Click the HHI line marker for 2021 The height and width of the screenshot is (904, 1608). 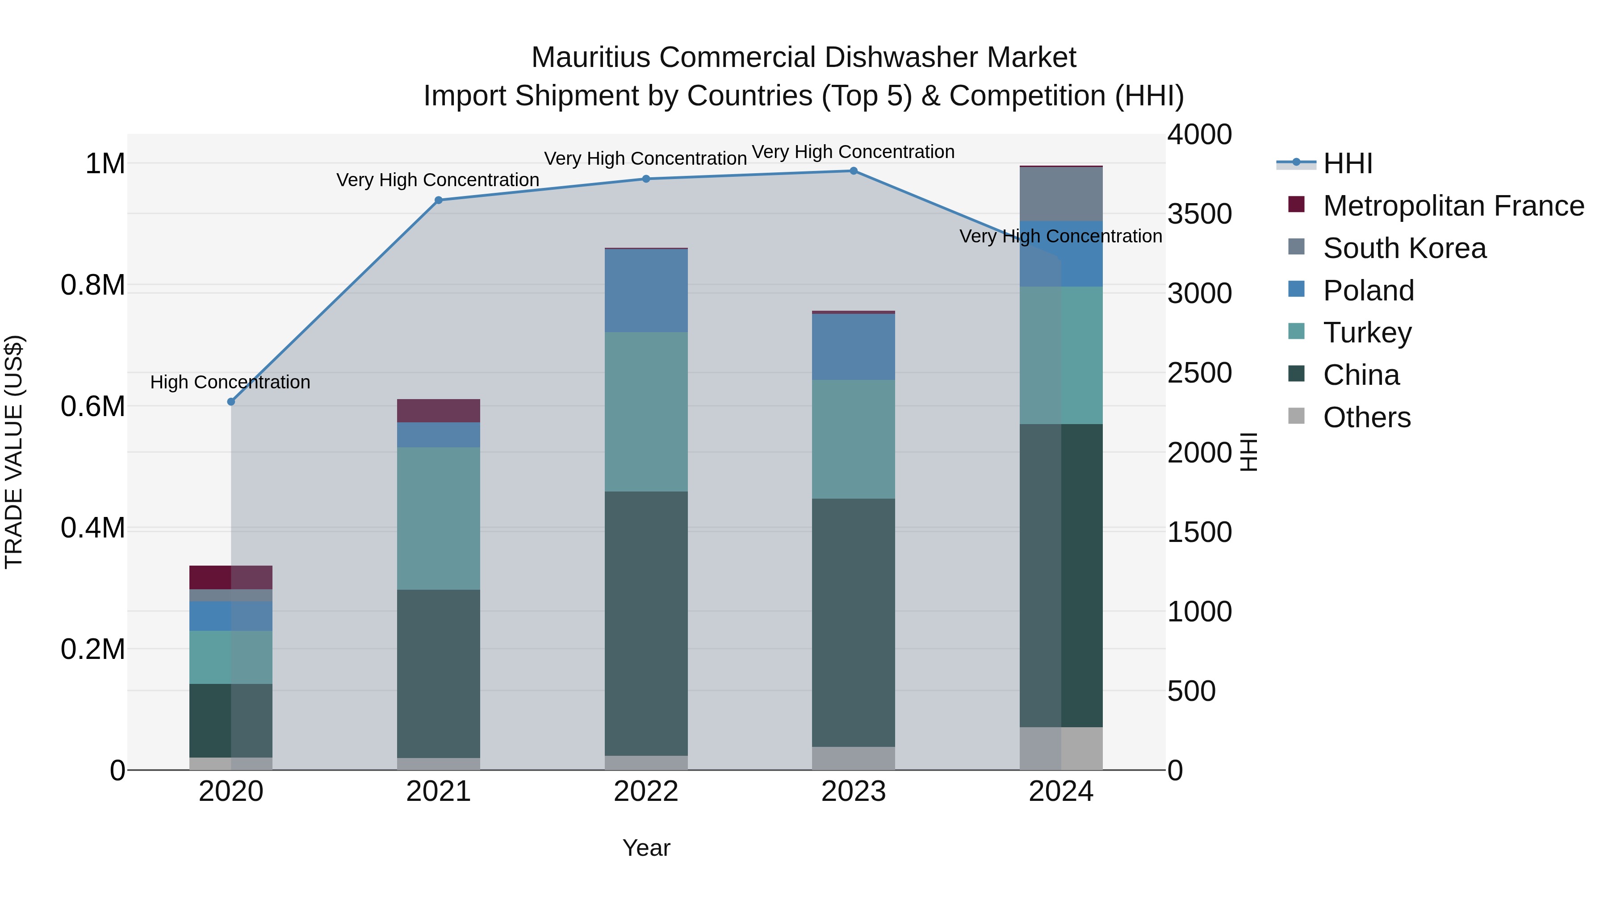(438, 200)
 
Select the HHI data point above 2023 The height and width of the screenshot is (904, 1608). (853, 171)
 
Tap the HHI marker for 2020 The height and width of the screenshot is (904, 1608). (231, 402)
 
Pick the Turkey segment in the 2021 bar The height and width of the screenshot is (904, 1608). (438, 518)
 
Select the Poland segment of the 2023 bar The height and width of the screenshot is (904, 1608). (853, 346)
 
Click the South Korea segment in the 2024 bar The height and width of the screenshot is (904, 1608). (1061, 194)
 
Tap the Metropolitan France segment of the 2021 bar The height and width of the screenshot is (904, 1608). (438, 411)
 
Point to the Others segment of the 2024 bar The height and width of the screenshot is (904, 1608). (1061, 748)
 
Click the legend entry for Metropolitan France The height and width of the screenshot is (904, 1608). (1453, 206)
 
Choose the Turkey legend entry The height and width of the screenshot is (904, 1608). (1367, 333)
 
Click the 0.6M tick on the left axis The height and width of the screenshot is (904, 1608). (92, 407)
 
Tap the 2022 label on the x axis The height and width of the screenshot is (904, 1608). (646, 792)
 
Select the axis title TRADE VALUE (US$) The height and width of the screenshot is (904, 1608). (14, 452)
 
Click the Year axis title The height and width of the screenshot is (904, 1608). (646, 848)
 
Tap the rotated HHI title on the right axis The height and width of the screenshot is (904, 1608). (1248, 452)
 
